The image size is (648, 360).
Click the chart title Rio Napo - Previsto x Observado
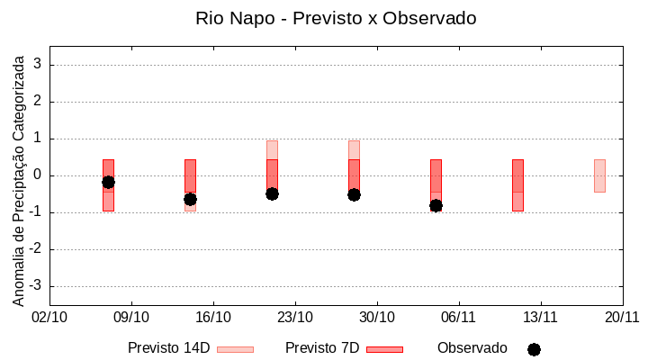(x=336, y=18)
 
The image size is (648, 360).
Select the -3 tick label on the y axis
(x=36, y=286)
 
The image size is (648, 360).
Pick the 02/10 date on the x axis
(x=49, y=318)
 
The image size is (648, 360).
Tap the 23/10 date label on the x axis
(x=295, y=318)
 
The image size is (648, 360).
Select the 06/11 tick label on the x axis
(x=459, y=318)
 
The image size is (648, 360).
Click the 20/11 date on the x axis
(x=622, y=318)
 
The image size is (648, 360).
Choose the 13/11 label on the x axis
(x=541, y=318)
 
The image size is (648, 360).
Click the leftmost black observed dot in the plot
(x=108, y=183)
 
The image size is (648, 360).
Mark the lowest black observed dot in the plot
(x=436, y=205)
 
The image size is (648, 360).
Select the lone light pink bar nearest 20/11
(x=599, y=175)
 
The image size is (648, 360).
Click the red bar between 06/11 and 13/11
(x=517, y=184)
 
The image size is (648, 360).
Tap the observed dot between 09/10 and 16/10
(x=190, y=199)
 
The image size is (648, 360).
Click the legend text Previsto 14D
(x=168, y=348)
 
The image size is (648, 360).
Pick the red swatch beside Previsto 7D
(x=384, y=349)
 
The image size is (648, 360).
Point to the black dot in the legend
(x=534, y=349)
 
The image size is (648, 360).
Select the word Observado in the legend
(x=472, y=348)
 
